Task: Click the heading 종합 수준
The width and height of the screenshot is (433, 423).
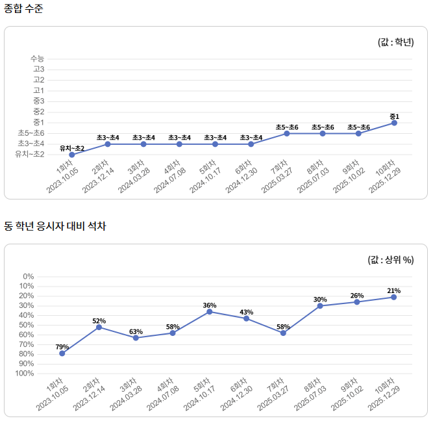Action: tap(24, 9)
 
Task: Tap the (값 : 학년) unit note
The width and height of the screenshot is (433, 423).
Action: tap(395, 42)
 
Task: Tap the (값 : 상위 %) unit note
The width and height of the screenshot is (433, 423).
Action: tap(391, 260)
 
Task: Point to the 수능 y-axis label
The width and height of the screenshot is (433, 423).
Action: tap(37, 58)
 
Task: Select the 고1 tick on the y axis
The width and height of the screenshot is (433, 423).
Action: tap(39, 90)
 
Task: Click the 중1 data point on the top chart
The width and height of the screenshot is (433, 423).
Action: tap(394, 123)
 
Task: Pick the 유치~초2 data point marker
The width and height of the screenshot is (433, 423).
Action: tap(72, 155)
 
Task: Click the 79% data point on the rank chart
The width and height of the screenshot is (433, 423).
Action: tap(62, 353)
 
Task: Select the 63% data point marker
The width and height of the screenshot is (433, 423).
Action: tap(136, 338)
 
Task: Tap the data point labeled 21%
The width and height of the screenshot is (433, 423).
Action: tap(393, 297)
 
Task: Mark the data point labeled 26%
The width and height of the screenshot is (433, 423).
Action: tap(357, 302)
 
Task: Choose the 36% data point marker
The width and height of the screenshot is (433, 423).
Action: tap(210, 312)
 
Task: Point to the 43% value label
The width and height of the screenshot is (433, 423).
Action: tap(246, 313)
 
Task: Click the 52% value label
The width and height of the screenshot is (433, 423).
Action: tap(99, 321)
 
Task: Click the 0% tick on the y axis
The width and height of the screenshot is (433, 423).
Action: tap(46, 277)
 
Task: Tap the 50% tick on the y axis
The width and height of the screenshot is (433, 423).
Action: tap(44, 325)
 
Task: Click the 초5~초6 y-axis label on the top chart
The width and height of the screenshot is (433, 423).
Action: tap(31, 133)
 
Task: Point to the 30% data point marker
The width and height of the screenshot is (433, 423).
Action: tap(320, 306)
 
